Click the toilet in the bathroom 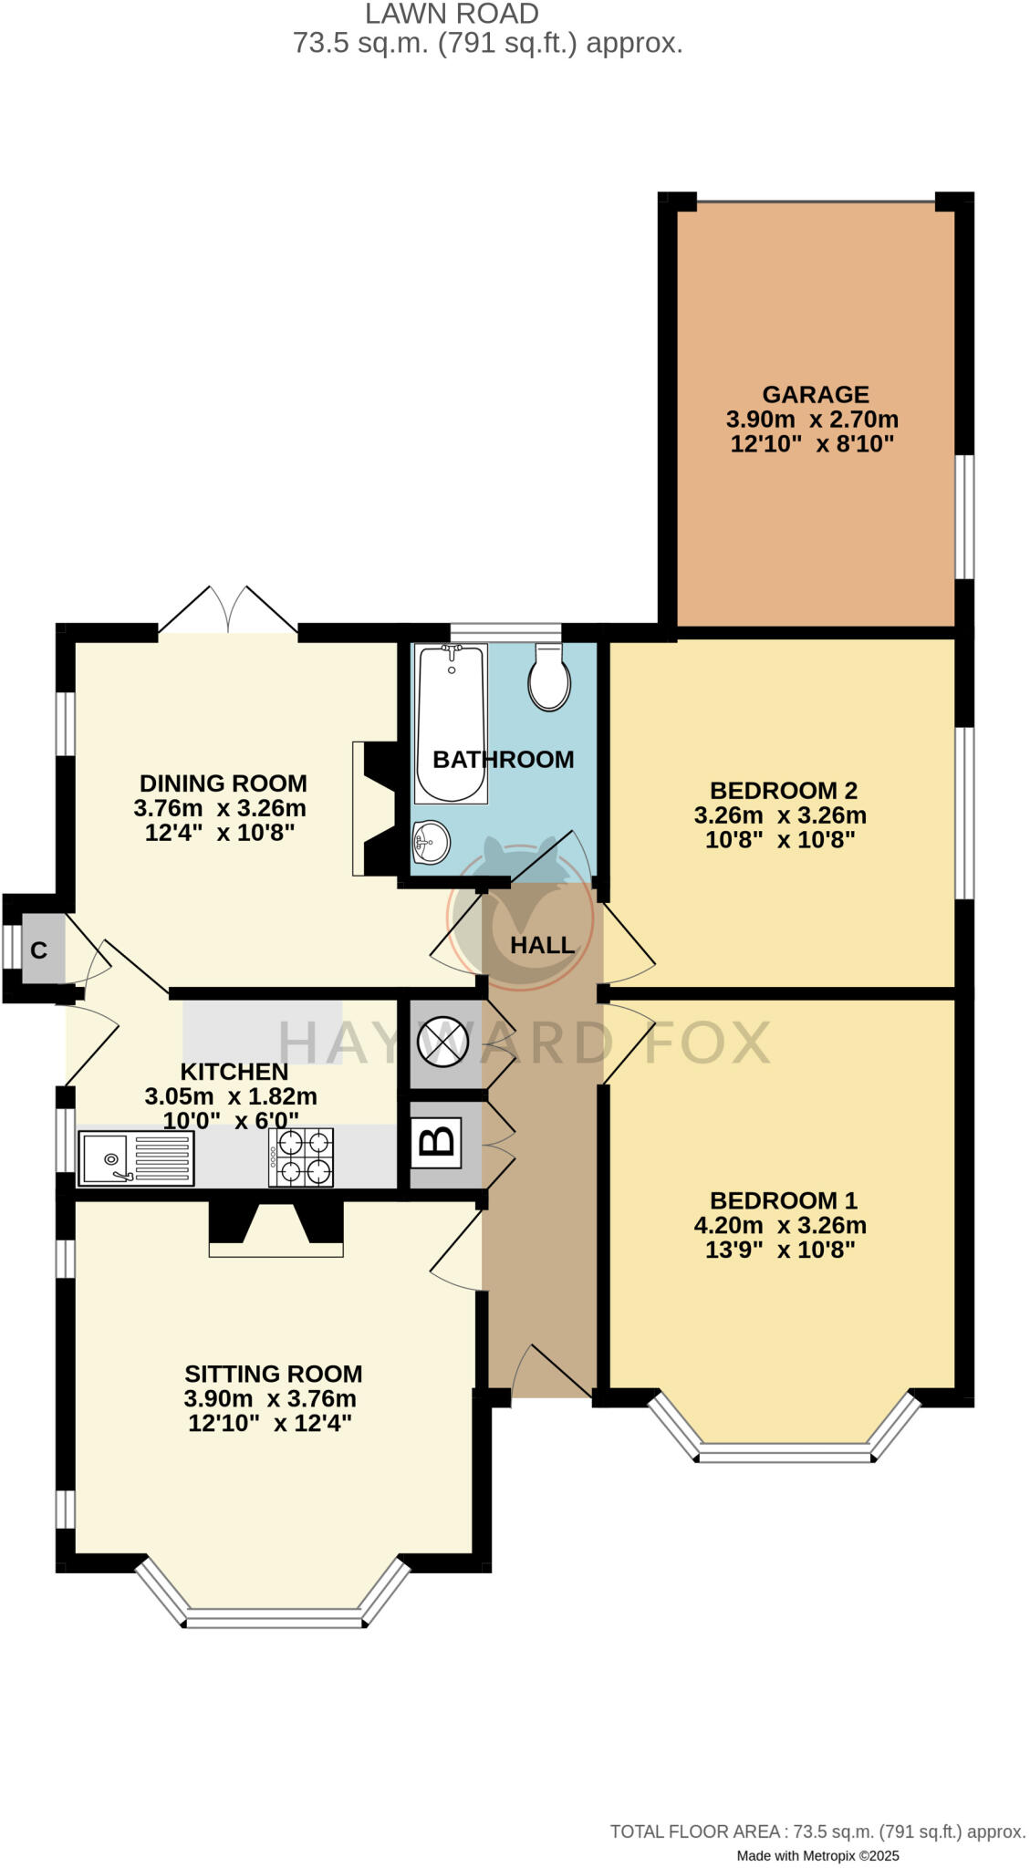click(548, 677)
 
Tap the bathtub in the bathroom click(450, 722)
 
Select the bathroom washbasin click(430, 840)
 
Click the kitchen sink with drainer click(136, 1157)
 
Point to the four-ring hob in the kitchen click(300, 1157)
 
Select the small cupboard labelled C click(39, 950)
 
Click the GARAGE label click(815, 394)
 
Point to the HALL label click(542, 945)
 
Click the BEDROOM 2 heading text click(783, 790)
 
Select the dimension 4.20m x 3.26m click(780, 1225)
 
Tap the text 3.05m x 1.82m click(231, 1095)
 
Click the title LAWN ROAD click(452, 14)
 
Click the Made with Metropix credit click(817, 1855)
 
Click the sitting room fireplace click(276, 1228)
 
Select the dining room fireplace click(374, 808)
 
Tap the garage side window click(963, 516)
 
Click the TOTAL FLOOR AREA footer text click(817, 1831)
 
